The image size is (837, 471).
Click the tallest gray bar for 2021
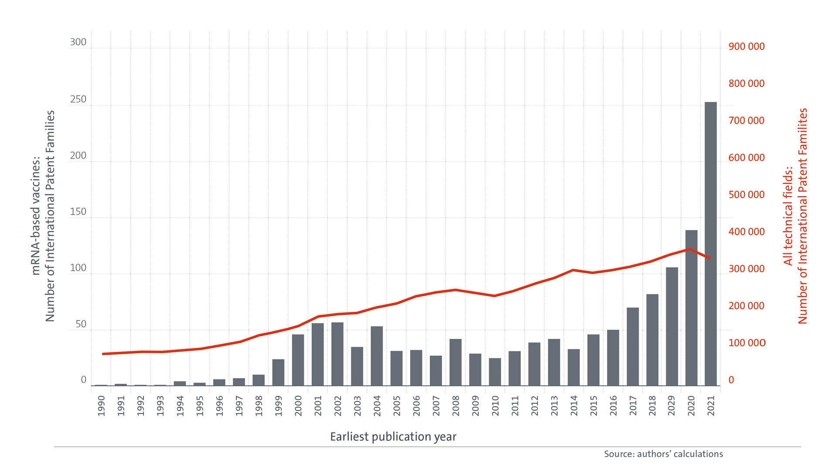tap(711, 244)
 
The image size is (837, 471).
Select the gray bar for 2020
tap(691, 308)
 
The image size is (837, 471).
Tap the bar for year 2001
tap(317, 354)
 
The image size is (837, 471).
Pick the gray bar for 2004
tap(377, 356)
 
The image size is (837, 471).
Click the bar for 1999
tap(278, 372)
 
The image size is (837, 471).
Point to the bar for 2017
tap(633, 347)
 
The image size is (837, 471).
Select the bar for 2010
tap(495, 372)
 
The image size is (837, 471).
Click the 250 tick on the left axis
tap(78, 99)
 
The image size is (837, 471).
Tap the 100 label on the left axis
tap(78, 268)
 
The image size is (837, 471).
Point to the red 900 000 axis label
tap(746, 47)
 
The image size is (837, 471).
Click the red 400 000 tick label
tap(746, 232)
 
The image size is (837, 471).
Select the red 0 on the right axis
tap(731, 380)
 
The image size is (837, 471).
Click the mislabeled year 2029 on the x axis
tap(671, 406)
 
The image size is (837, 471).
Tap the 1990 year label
tap(101, 406)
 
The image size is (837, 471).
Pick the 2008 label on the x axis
tap(456, 406)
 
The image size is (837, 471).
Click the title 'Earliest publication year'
tap(393, 437)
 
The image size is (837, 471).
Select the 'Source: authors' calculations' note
tap(663, 454)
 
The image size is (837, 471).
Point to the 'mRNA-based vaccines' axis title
tap(36, 216)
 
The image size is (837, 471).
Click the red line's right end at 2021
tap(710, 258)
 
